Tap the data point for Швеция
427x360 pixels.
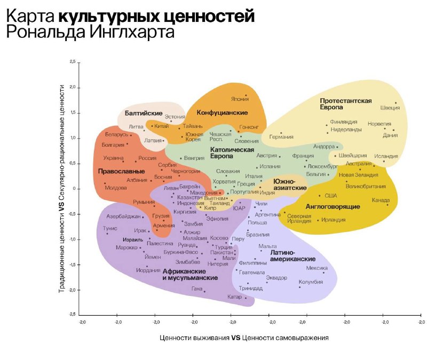(396, 103)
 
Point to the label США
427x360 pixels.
(331, 196)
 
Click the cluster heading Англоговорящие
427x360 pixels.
(326, 206)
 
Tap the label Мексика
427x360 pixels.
(317, 268)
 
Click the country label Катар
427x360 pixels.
(234, 297)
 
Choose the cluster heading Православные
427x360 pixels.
(121, 172)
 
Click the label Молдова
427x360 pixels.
(116, 188)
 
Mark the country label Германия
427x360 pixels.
(281, 137)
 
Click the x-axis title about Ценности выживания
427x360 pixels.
(244, 338)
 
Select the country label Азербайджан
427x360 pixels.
(123, 217)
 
